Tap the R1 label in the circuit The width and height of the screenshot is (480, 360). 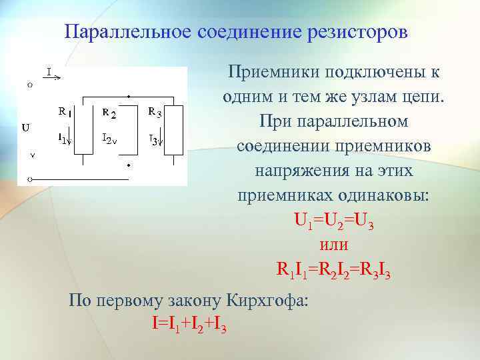pyautogui.click(x=63, y=112)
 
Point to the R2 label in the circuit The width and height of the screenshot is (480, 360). pyautogui.click(x=109, y=113)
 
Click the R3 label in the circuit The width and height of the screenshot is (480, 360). pyautogui.click(x=155, y=111)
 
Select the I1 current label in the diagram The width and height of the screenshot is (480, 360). pyautogui.click(x=63, y=139)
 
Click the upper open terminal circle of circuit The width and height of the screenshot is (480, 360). pyautogui.click(x=29, y=85)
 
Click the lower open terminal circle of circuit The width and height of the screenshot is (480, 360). pyautogui.click(x=29, y=179)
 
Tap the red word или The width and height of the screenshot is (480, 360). pyautogui.click(x=333, y=245)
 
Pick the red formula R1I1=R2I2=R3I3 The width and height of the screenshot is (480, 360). pyautogui.click(x=333, y=270)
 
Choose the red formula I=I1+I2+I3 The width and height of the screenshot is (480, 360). pyautogui.click(x=189, y=325)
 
